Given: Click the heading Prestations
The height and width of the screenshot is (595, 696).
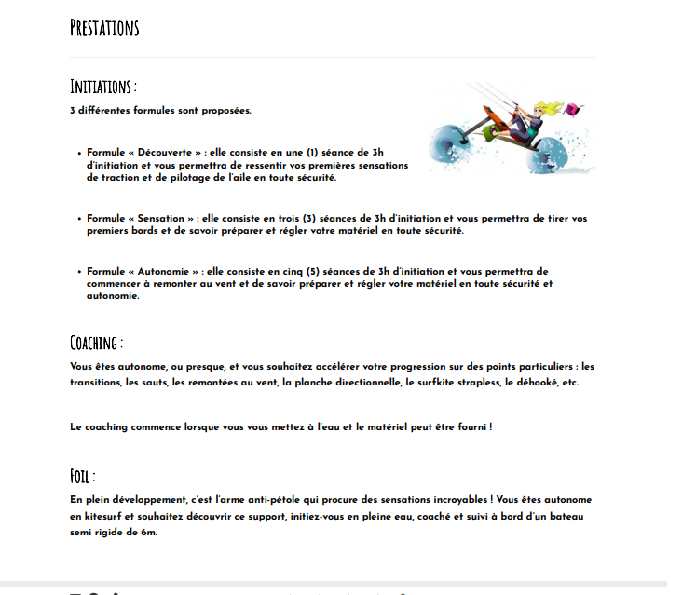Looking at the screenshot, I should pos(104,27).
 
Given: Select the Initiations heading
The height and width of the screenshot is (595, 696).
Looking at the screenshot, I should pos(102,87).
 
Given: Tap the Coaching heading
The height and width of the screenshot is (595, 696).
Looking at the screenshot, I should pos(96,342).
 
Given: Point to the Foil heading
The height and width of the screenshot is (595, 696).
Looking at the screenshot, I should pos(83,476).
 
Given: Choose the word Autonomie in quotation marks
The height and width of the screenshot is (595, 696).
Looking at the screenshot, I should pos(167,271).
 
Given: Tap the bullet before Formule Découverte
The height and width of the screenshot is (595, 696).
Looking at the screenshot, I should pos(79,152).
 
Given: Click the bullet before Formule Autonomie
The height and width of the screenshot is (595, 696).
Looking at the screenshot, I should pos(79,272).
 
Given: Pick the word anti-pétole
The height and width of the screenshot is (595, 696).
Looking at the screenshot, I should pos(288,500).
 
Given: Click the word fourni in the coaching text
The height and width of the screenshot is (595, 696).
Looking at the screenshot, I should pos(471,426).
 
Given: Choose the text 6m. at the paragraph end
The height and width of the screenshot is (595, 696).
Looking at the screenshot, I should pos(148,533).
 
